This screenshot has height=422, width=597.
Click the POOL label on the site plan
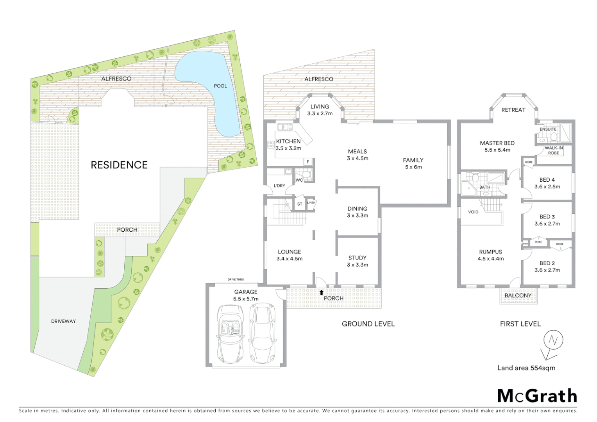point(220,86)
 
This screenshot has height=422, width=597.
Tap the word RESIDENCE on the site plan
point(119,165)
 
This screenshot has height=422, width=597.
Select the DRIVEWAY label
point(63,321)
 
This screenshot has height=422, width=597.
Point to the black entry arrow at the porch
point(322,292)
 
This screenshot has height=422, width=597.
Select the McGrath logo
point(537,396)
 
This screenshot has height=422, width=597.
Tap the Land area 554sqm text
point(526,368)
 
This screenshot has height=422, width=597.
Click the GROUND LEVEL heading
point(368,324)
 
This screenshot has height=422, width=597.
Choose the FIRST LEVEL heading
point(520,324)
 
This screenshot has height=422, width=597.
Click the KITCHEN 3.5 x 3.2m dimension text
point(288,148)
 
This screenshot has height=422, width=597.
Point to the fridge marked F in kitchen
point(308,162)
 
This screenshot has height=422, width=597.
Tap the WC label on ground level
point(299,180)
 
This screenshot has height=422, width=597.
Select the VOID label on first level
point(473,212)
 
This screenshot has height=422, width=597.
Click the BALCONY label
point(518,295)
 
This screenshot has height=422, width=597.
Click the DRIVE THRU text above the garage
point(236,280)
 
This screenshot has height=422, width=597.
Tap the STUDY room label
point(357,258)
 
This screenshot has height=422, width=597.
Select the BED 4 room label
point(547,180)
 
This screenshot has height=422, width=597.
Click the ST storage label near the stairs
point(300,204)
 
